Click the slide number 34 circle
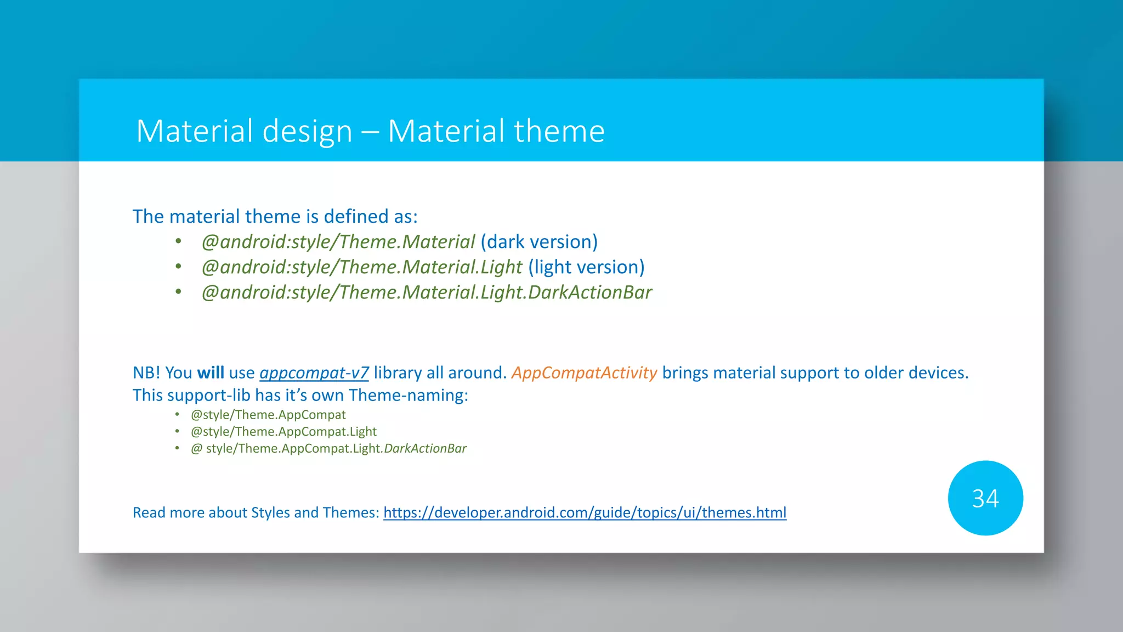[x=985, y=498]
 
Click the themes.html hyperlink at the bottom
[x=585, y=512]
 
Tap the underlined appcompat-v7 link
[x=314, y=373]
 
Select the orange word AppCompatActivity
[x=584, y=373]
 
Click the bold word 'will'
[x=211, y=373]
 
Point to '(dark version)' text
[x=539, y=242]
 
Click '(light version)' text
[x=586, y=267]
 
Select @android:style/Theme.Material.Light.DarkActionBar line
[x=427, y=292]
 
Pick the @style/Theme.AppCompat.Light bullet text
[x=283, y=432]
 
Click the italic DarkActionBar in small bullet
[x=425, y=449]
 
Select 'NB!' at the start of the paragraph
[x=146, y=373]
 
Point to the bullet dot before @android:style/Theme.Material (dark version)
[x=178, y=241]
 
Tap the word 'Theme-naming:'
[x=409, y=396]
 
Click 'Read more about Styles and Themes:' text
[x=256, y=512]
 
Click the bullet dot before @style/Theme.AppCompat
[x=177, y=415]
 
